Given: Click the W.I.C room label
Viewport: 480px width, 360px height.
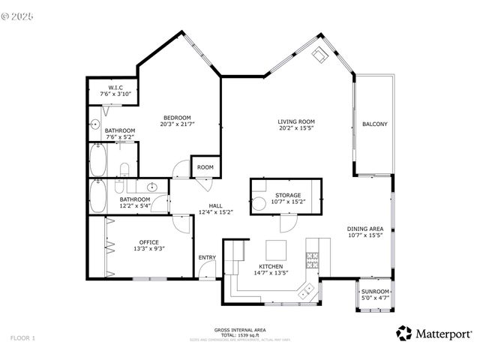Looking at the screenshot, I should point(115,88).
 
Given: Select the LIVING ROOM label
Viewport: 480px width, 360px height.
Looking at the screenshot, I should point(295,121).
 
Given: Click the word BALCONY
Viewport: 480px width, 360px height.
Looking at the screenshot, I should point(374,124).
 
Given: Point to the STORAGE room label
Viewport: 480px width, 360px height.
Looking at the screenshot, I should point(287,194).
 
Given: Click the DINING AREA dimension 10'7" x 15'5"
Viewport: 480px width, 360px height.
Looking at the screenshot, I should point(365,235).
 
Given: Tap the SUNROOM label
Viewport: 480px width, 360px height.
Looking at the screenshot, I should point(375,291).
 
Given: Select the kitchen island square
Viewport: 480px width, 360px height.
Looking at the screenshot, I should point(275,249).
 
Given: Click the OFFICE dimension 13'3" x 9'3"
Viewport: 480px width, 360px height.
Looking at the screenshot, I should point(148,248).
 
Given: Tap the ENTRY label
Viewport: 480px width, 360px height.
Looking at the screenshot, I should point(207,258).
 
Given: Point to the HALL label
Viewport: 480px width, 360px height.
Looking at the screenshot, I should point(215,205).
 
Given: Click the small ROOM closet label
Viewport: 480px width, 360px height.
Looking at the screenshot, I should point(205,167).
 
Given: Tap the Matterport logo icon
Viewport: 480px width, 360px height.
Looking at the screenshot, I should point(404,332).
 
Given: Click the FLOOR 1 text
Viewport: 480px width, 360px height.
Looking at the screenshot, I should point(22,338).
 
